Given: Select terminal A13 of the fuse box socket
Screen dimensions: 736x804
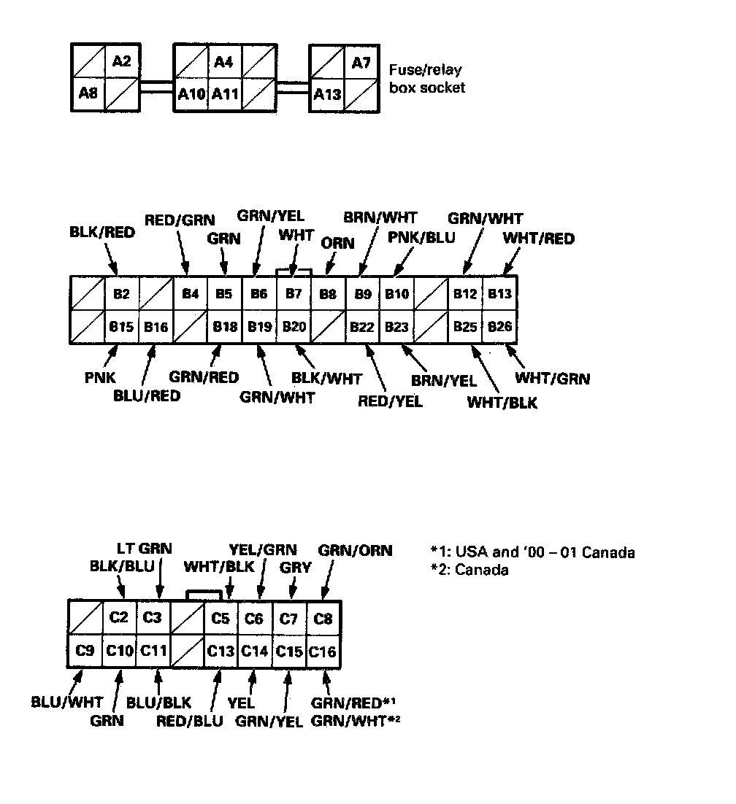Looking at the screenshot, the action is (327, 94).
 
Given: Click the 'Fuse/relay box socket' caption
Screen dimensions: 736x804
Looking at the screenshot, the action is (427, 79).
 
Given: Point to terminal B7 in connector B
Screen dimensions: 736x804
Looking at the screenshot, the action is (294, 294).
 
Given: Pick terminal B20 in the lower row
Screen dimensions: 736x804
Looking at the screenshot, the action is (294, 327).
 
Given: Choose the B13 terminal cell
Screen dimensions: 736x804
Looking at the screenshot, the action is (500, 294).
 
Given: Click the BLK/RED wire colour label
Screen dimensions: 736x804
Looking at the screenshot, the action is (102, 233).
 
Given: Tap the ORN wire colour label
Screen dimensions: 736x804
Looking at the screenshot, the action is (338, 244).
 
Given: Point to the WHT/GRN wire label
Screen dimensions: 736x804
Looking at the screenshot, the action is (553, 379).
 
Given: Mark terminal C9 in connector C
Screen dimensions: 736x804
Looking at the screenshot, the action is (85, 650).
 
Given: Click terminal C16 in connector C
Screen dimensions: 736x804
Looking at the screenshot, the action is (323, 650).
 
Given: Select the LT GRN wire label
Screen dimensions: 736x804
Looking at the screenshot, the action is (145, 549).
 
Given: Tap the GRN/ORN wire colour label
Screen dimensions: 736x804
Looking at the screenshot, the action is (356, 550).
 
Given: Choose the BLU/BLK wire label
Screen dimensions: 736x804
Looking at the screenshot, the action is (159, 702).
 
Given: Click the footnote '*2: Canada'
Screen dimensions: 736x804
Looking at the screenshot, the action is (469, 570).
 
